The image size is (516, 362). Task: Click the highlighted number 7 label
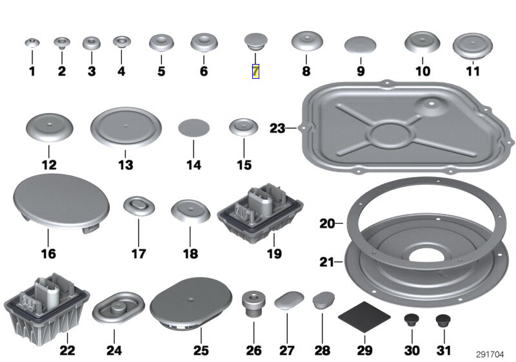(255, 71)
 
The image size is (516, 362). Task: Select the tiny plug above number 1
(32, 43)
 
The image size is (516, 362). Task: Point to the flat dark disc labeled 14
(193, 126)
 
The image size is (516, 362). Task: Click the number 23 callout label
(277, 129)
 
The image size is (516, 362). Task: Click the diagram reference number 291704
(490, 353)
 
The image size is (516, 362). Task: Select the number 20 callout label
(328, 224)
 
